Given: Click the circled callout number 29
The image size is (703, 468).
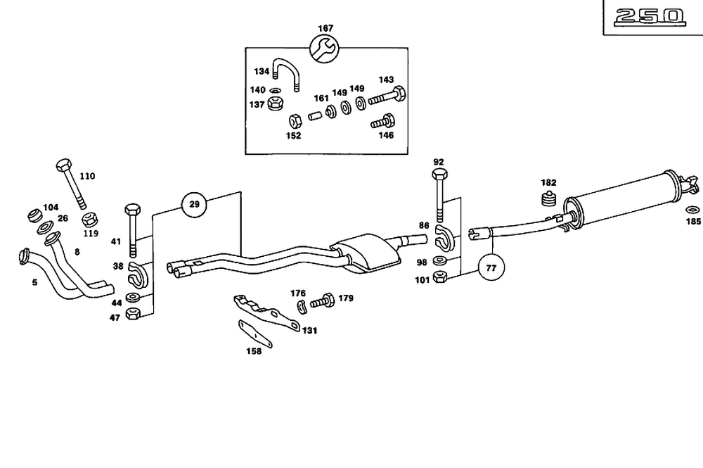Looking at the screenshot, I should [x=195, y=205].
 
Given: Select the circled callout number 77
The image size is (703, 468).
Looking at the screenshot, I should [x=491, y=267].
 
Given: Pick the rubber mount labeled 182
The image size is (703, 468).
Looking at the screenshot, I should [x=548, y=198].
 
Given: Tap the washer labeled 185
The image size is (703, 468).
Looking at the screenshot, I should [x=692, y=209].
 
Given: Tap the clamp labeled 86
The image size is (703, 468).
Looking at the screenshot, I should [x=444, y=240].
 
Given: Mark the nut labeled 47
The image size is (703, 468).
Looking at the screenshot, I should [x=133, y=314].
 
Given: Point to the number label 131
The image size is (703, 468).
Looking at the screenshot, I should [x=310, y=329].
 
